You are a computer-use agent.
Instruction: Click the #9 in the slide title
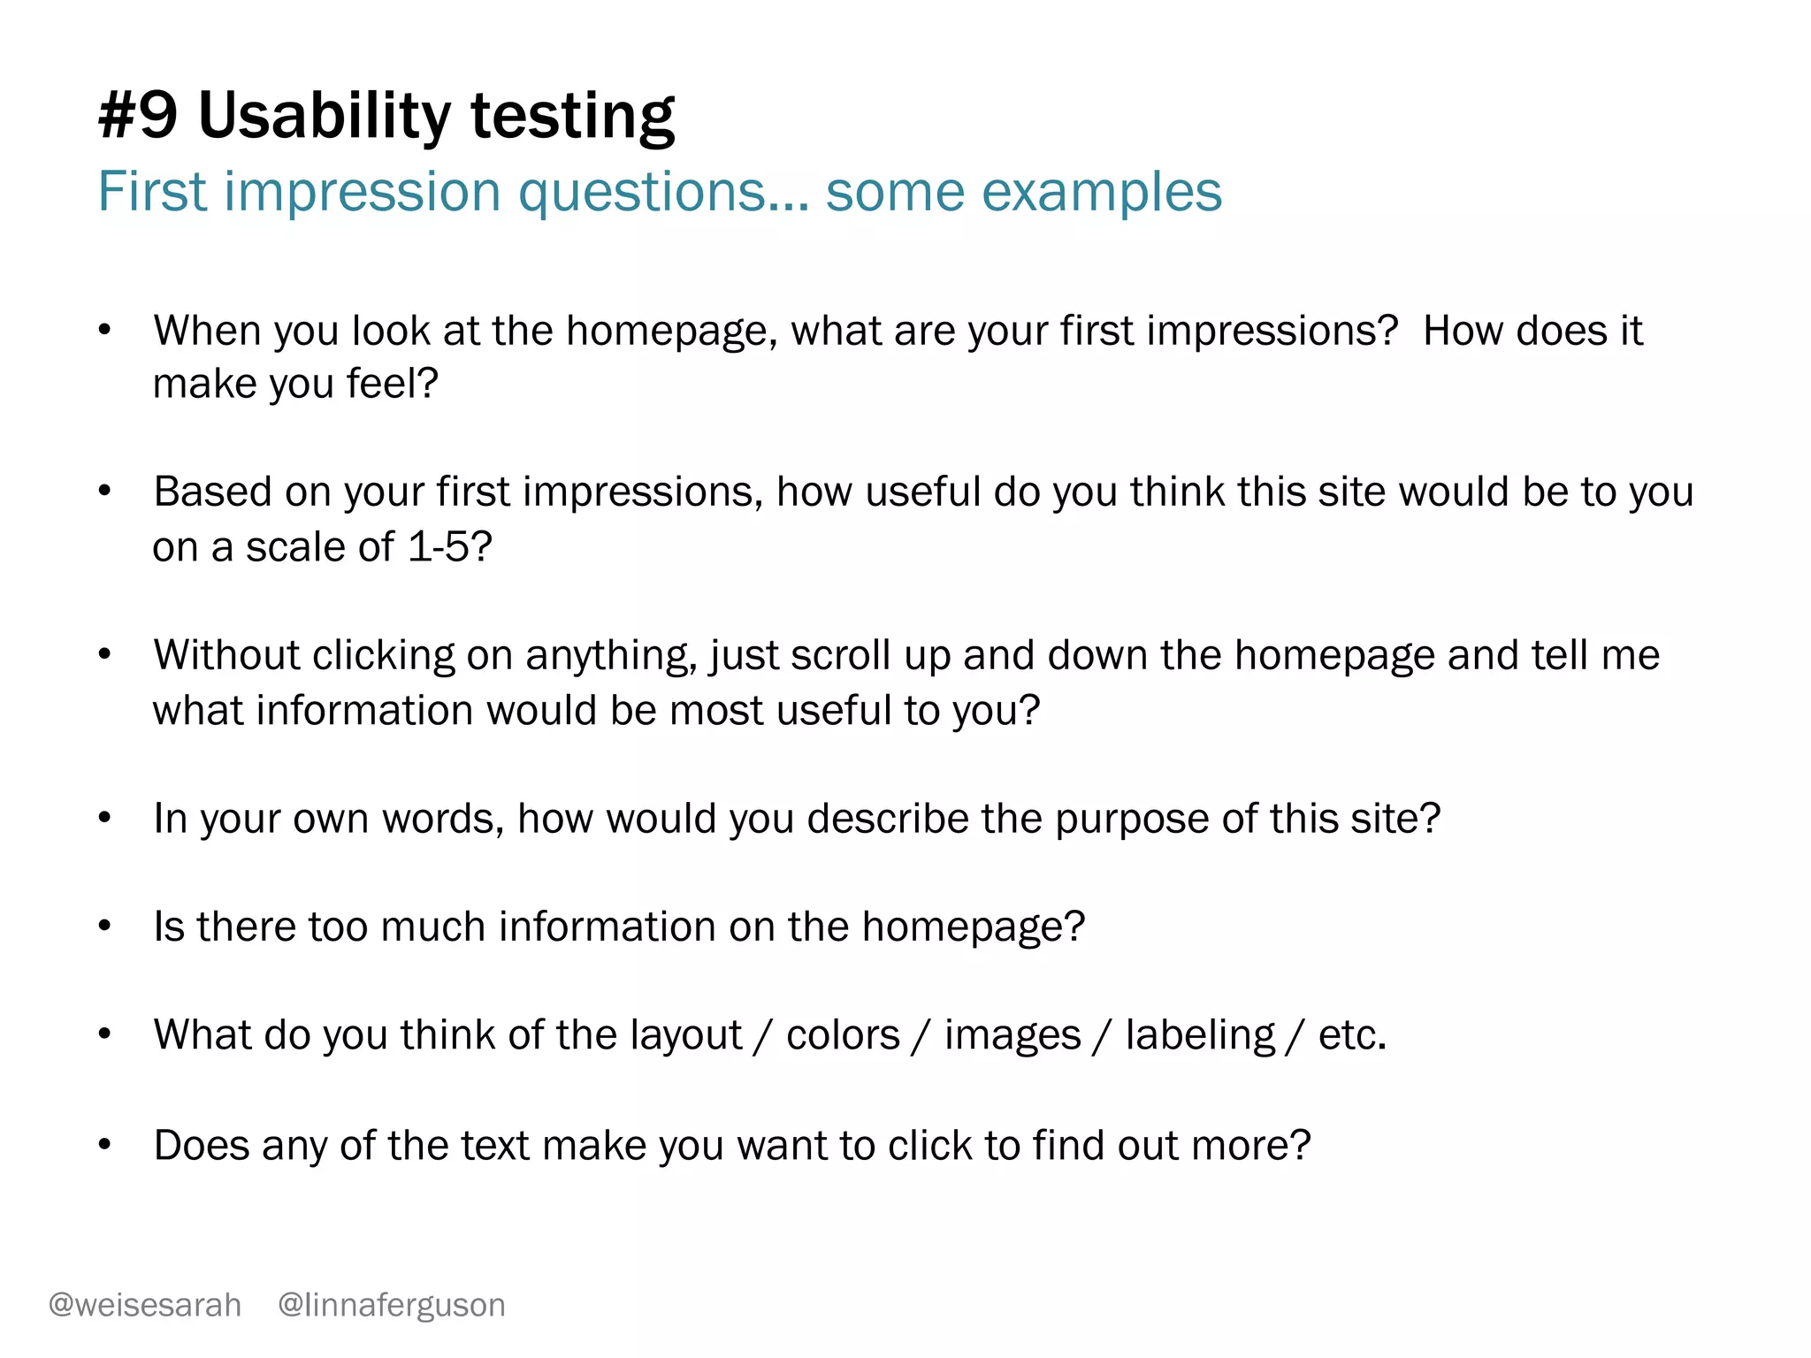pyautogui.click(x=138, y=116)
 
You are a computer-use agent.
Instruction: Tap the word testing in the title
pyautogui.click(x=572, y=116)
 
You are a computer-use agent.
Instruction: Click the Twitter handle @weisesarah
pyautogui.click(x=145, y=1305)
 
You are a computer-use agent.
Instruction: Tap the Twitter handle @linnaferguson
pyautogui.click(x=392, y=1305)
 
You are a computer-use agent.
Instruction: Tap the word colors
pyautogui.click(x=842, y=1035)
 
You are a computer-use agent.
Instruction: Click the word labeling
pyautogui.click(x=1200, y=1035)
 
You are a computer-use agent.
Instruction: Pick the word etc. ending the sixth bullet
pyautogui.click(x=1352, y=1035)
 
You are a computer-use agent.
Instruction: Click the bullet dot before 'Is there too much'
pyautogui.click(x=104, y=927)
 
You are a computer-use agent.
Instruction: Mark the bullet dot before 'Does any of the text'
pyautogui.click(x=104, y=1145)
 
